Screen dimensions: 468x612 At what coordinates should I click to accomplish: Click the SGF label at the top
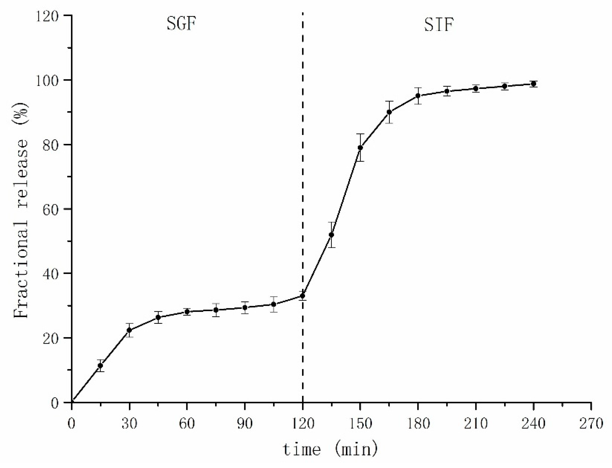tap(181, 24)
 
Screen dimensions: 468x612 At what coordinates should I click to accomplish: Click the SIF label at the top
tap(439, 25)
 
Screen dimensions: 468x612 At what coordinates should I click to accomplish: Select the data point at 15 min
tap(101, 366)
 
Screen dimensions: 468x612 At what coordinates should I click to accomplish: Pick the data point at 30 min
tap(129, 330)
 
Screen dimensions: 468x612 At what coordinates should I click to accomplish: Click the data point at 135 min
tap(331, 235)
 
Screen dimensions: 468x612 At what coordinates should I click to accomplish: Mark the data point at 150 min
tap(360, 148)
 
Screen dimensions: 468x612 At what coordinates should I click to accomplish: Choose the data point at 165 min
tap(389, 112)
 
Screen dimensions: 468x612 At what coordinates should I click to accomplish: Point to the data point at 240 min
tap(533, 84)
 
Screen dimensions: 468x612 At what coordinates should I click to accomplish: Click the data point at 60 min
tap(187, 312)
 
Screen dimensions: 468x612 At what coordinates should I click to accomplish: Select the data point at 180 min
tap(418, 96)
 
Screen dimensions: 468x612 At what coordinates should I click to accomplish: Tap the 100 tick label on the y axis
tap(48, 80)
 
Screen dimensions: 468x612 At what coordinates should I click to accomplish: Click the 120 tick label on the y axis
tap(48, 16)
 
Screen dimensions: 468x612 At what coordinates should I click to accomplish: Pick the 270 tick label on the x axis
tap(591, 424)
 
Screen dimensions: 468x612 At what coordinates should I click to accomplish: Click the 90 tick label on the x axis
tap(245, 424)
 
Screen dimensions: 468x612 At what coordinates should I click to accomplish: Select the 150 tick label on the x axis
tap(360, 424)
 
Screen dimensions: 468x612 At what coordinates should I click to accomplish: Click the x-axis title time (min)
tap(331, 450)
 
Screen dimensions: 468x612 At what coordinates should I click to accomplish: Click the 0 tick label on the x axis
tap(72, 424)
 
